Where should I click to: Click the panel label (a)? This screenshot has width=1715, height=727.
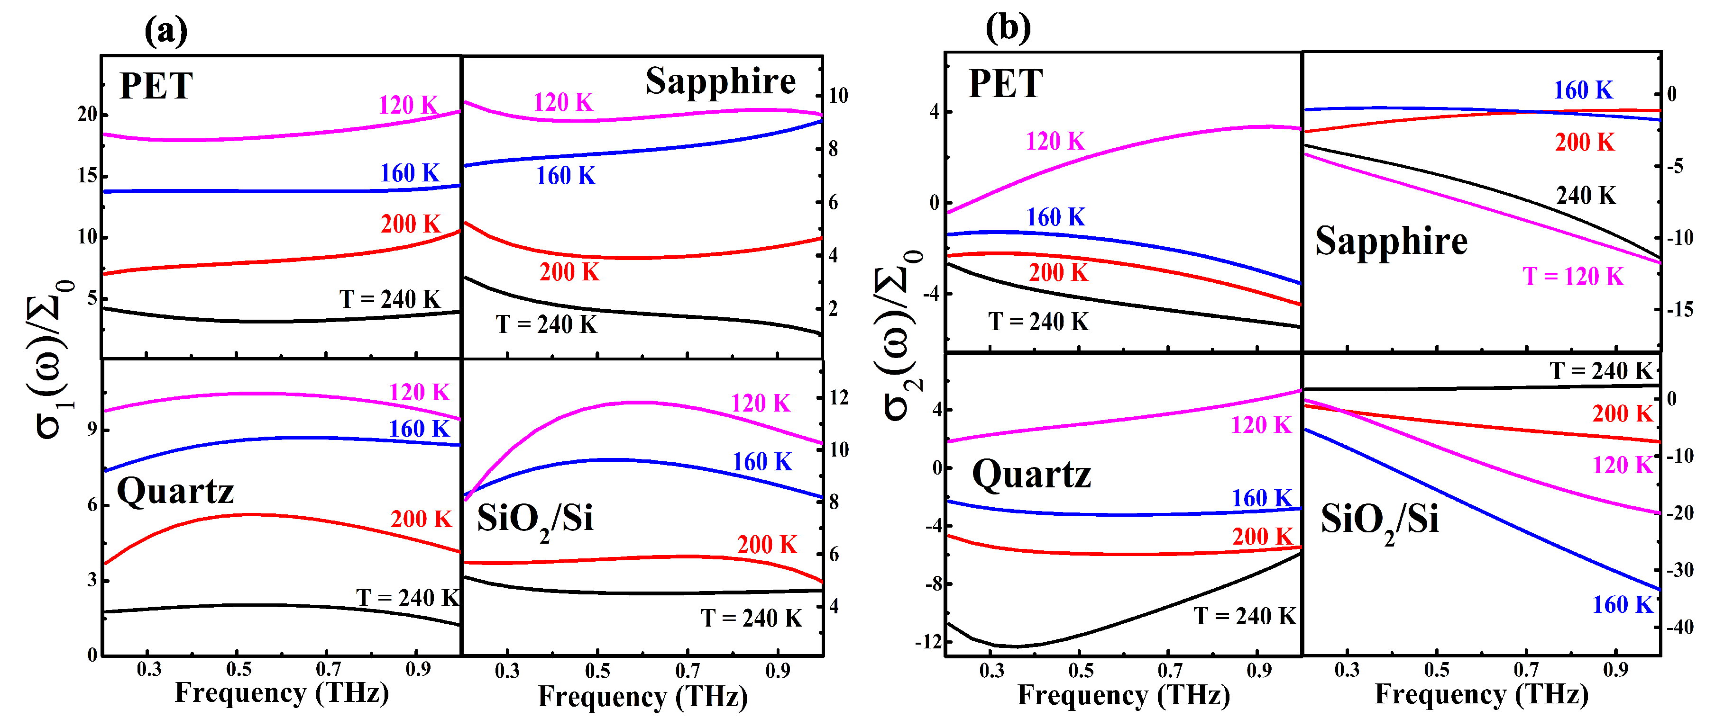coord(166,31)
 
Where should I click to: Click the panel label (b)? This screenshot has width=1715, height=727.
coord(1008,28)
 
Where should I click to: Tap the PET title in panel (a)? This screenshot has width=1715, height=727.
coord(156,86)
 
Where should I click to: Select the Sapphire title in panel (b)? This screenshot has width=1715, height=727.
coord(1392,240)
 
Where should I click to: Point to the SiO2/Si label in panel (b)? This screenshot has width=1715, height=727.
coord(1379,520)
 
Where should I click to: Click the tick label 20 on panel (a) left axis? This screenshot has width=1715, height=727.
coord(87,115)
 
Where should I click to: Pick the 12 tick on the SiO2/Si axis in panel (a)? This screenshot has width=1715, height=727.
coord(838,398)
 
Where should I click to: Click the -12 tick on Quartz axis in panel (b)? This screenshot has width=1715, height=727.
coord(928,642)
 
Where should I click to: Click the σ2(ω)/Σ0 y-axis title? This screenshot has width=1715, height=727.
coord(899,336)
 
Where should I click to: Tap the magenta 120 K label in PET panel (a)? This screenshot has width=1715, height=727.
coord(408,105)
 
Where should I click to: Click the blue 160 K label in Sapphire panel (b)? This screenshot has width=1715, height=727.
coord(1583,90)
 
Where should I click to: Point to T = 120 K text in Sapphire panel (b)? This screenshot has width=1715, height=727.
coord(1573,276)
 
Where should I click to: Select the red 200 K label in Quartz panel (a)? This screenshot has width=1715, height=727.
coord(421,519)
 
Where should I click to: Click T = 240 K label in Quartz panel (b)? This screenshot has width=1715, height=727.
coord(1244,616)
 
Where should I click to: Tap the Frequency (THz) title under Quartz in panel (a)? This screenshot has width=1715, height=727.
coord(282,693)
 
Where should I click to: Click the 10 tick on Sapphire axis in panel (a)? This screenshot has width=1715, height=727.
coord(838,96)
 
